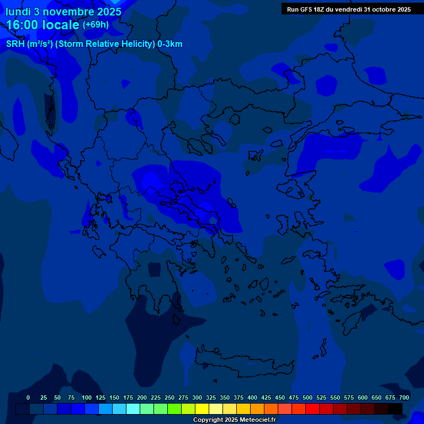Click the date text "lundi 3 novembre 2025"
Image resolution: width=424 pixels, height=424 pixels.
[x=63, y=11]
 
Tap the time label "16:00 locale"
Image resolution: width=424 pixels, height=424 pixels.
[x=43, y=25]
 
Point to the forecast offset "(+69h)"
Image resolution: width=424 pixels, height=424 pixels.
[x=96, y=25]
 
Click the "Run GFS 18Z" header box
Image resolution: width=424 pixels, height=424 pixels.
[x=348, y=9]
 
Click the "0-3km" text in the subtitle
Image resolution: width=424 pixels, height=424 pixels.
[x=169, y=44]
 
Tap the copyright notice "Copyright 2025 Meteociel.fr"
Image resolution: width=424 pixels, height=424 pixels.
[x=234, y=420]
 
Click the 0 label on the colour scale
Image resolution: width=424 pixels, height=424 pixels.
[x=28, y=397]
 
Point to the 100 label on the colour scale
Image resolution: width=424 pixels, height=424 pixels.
[x=87, y=397]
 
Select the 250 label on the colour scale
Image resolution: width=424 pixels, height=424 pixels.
[x=169, y=397]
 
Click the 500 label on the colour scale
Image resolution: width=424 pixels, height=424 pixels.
[x=308, y=397]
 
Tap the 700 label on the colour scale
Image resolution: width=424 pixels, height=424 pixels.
[x=404, y=397]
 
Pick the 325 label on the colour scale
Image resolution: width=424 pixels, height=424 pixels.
[x=211, y=397]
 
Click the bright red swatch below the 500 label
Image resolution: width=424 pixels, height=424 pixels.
[x=312, y=409]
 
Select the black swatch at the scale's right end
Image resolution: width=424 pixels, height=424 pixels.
[x=395, y=409]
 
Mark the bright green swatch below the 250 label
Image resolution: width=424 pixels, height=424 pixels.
[x=174, y=409]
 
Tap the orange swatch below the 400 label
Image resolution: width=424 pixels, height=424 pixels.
[x=257, y=409]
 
